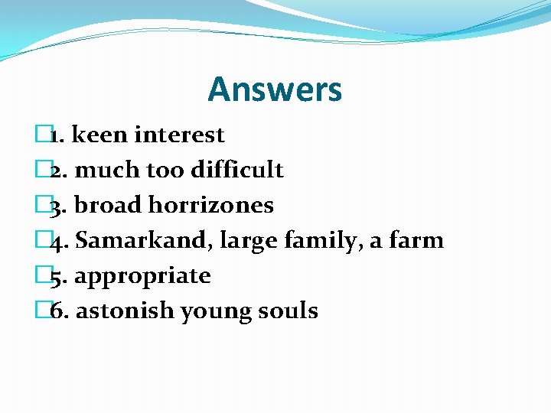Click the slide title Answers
[x=275, y=89]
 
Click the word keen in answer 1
[x=100, y=135]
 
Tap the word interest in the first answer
[x=179, y=135]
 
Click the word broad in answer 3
[x=108, y=205]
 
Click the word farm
[x=416, y=240]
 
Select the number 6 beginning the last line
[x=57, y=311]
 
